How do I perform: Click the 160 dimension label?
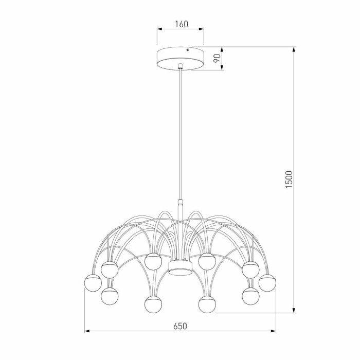click(x=180, y=24)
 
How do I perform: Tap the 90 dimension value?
click(x=217, y=58)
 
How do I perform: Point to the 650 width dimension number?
click(x=179, y=326)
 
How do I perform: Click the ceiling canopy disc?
click(x=180, y=58)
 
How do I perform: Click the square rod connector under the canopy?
click(x=180, y=66)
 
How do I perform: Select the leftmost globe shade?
click(x=93, y=283)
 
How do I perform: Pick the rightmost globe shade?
click(x=268, y=283)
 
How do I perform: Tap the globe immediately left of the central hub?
click(x=153, y=261)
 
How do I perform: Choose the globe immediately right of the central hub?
click(x=207, y=261)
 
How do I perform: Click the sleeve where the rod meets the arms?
click(x=180, y=204)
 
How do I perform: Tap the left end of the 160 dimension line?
click(x=157, y=29)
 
